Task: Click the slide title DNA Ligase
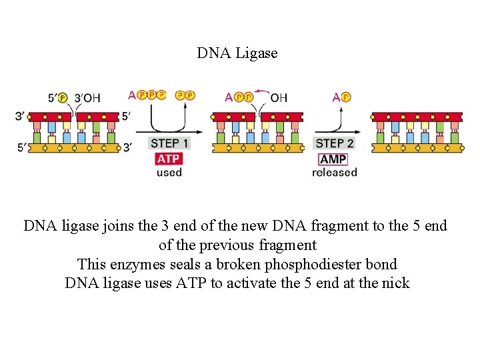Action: point(237,53)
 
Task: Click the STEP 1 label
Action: point(169,143)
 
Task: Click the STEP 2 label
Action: point(335,143)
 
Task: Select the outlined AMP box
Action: point(333,159)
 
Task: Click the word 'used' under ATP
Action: point(169,173)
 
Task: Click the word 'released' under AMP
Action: point(335,173)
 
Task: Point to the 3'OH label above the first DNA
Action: point(87,98)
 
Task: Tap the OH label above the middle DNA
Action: point(279,97)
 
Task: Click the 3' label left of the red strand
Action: point(21,117)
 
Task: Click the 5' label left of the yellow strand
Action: point(21,147)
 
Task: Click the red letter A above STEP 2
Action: point(336,97)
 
